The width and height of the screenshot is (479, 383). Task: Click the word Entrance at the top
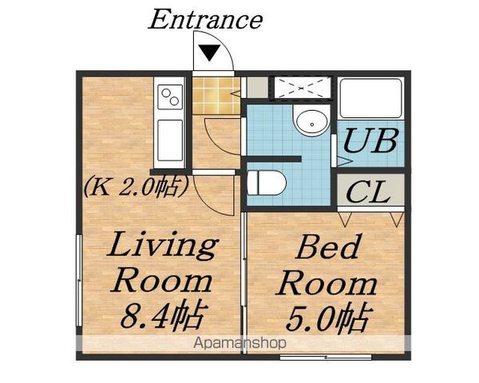tap(205, 19)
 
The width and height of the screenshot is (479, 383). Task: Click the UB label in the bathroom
tap(370, 140)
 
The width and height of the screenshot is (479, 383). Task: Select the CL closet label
tap(368, 191)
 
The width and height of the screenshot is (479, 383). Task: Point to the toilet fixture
tap(266, 183)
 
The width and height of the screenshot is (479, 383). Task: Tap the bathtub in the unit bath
tap(371, 98)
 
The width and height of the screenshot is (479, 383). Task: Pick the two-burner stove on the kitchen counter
tap(170, 97)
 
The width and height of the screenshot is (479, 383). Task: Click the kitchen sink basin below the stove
tap(170, 140)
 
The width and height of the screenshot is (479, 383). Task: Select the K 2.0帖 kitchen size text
tap(135, 187)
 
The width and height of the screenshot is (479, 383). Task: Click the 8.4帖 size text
tap(162, 317)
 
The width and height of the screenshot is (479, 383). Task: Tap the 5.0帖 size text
tap(329, 318)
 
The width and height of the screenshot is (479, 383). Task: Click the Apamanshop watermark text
tap(239, 343)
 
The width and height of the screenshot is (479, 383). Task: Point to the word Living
tap(163, 244)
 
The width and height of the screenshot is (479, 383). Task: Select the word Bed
tap(327, 247)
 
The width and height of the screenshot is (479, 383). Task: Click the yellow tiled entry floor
tap(216, 96)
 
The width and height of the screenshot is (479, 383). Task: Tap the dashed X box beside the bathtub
tap(301, 88)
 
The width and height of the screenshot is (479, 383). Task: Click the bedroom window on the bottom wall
tap(326, 357)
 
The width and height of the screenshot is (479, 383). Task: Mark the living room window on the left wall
tap(79, 280)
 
